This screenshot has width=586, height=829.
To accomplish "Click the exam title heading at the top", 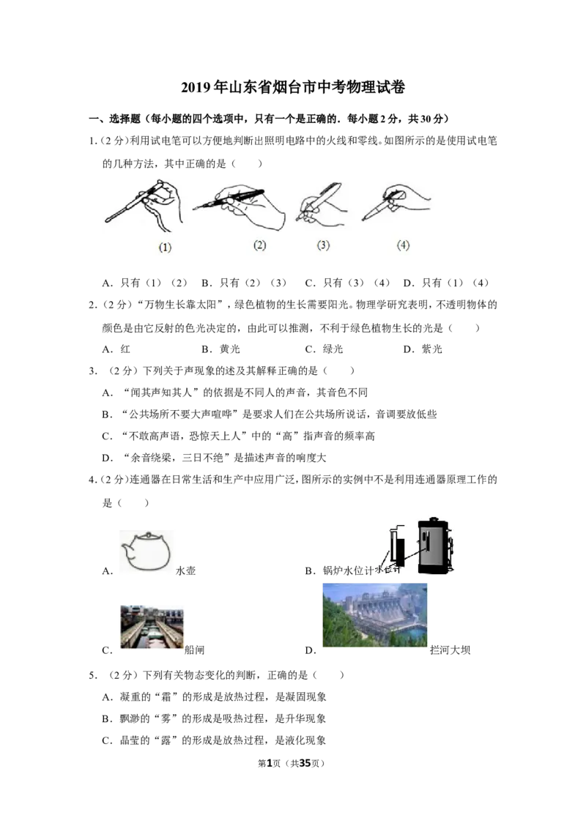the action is (x=293, y=86).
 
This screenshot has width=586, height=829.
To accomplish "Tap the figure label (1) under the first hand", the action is (x=165, y=247).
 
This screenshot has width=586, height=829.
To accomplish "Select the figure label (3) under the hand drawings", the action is (x=323, y=245).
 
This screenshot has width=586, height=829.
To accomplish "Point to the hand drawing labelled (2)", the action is (x=239, y=207).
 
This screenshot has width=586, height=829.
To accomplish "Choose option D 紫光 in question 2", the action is (x=423, y=349).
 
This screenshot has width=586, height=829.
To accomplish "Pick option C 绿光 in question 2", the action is (x=324, y=349).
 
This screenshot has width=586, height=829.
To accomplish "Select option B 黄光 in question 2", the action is (x=220, y=349).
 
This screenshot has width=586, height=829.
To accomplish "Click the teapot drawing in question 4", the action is (x=146, y=551).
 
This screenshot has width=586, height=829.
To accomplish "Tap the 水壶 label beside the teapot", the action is (x=185, y=570).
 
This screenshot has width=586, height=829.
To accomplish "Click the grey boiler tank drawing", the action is (x=434, y=546).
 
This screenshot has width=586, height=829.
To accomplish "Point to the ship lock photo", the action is (x=152, y=627).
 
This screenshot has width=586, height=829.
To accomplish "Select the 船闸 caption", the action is (x=194, y=650).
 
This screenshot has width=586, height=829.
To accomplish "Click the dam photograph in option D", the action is (x=374, y=615).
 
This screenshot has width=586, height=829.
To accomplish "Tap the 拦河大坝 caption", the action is (x=450, y=650).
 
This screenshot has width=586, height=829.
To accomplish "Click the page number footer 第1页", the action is (x=270, y=763).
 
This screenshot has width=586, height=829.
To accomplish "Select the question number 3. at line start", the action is (x=93, y=371).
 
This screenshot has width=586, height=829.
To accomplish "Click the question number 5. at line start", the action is (x=93, y=675).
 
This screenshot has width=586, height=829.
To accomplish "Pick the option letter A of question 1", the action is (x=107, y=283).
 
